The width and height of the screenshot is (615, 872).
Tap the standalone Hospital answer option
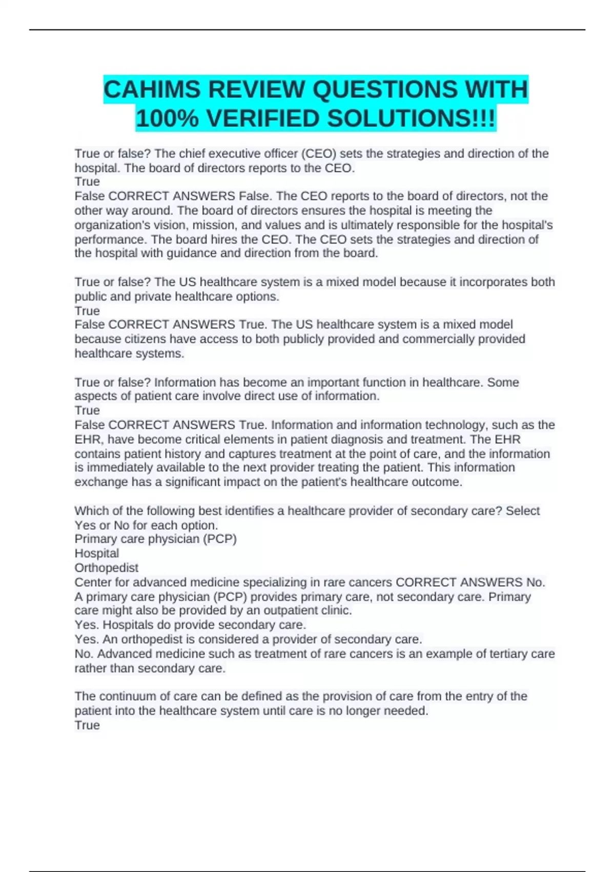97,553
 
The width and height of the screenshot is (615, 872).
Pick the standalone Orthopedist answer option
107,568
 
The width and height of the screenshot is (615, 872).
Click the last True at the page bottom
87,725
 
